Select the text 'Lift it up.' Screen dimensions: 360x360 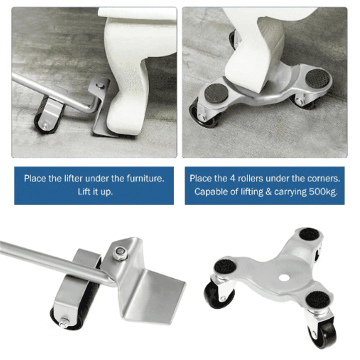pyautogui.click(x=95, y=192)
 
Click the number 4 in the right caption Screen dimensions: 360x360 pyautogui.click(x=233, y=179)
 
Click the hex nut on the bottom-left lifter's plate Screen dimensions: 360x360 pyautogui.click(x=120, y=252)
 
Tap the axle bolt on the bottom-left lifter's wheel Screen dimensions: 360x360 pyautogui.click(x=63, y=322)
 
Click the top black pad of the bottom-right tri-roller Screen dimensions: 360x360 pyautogui.click(x=309, y=235)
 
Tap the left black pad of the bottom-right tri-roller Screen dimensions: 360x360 pyautogui.click(x=225, y=266)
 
